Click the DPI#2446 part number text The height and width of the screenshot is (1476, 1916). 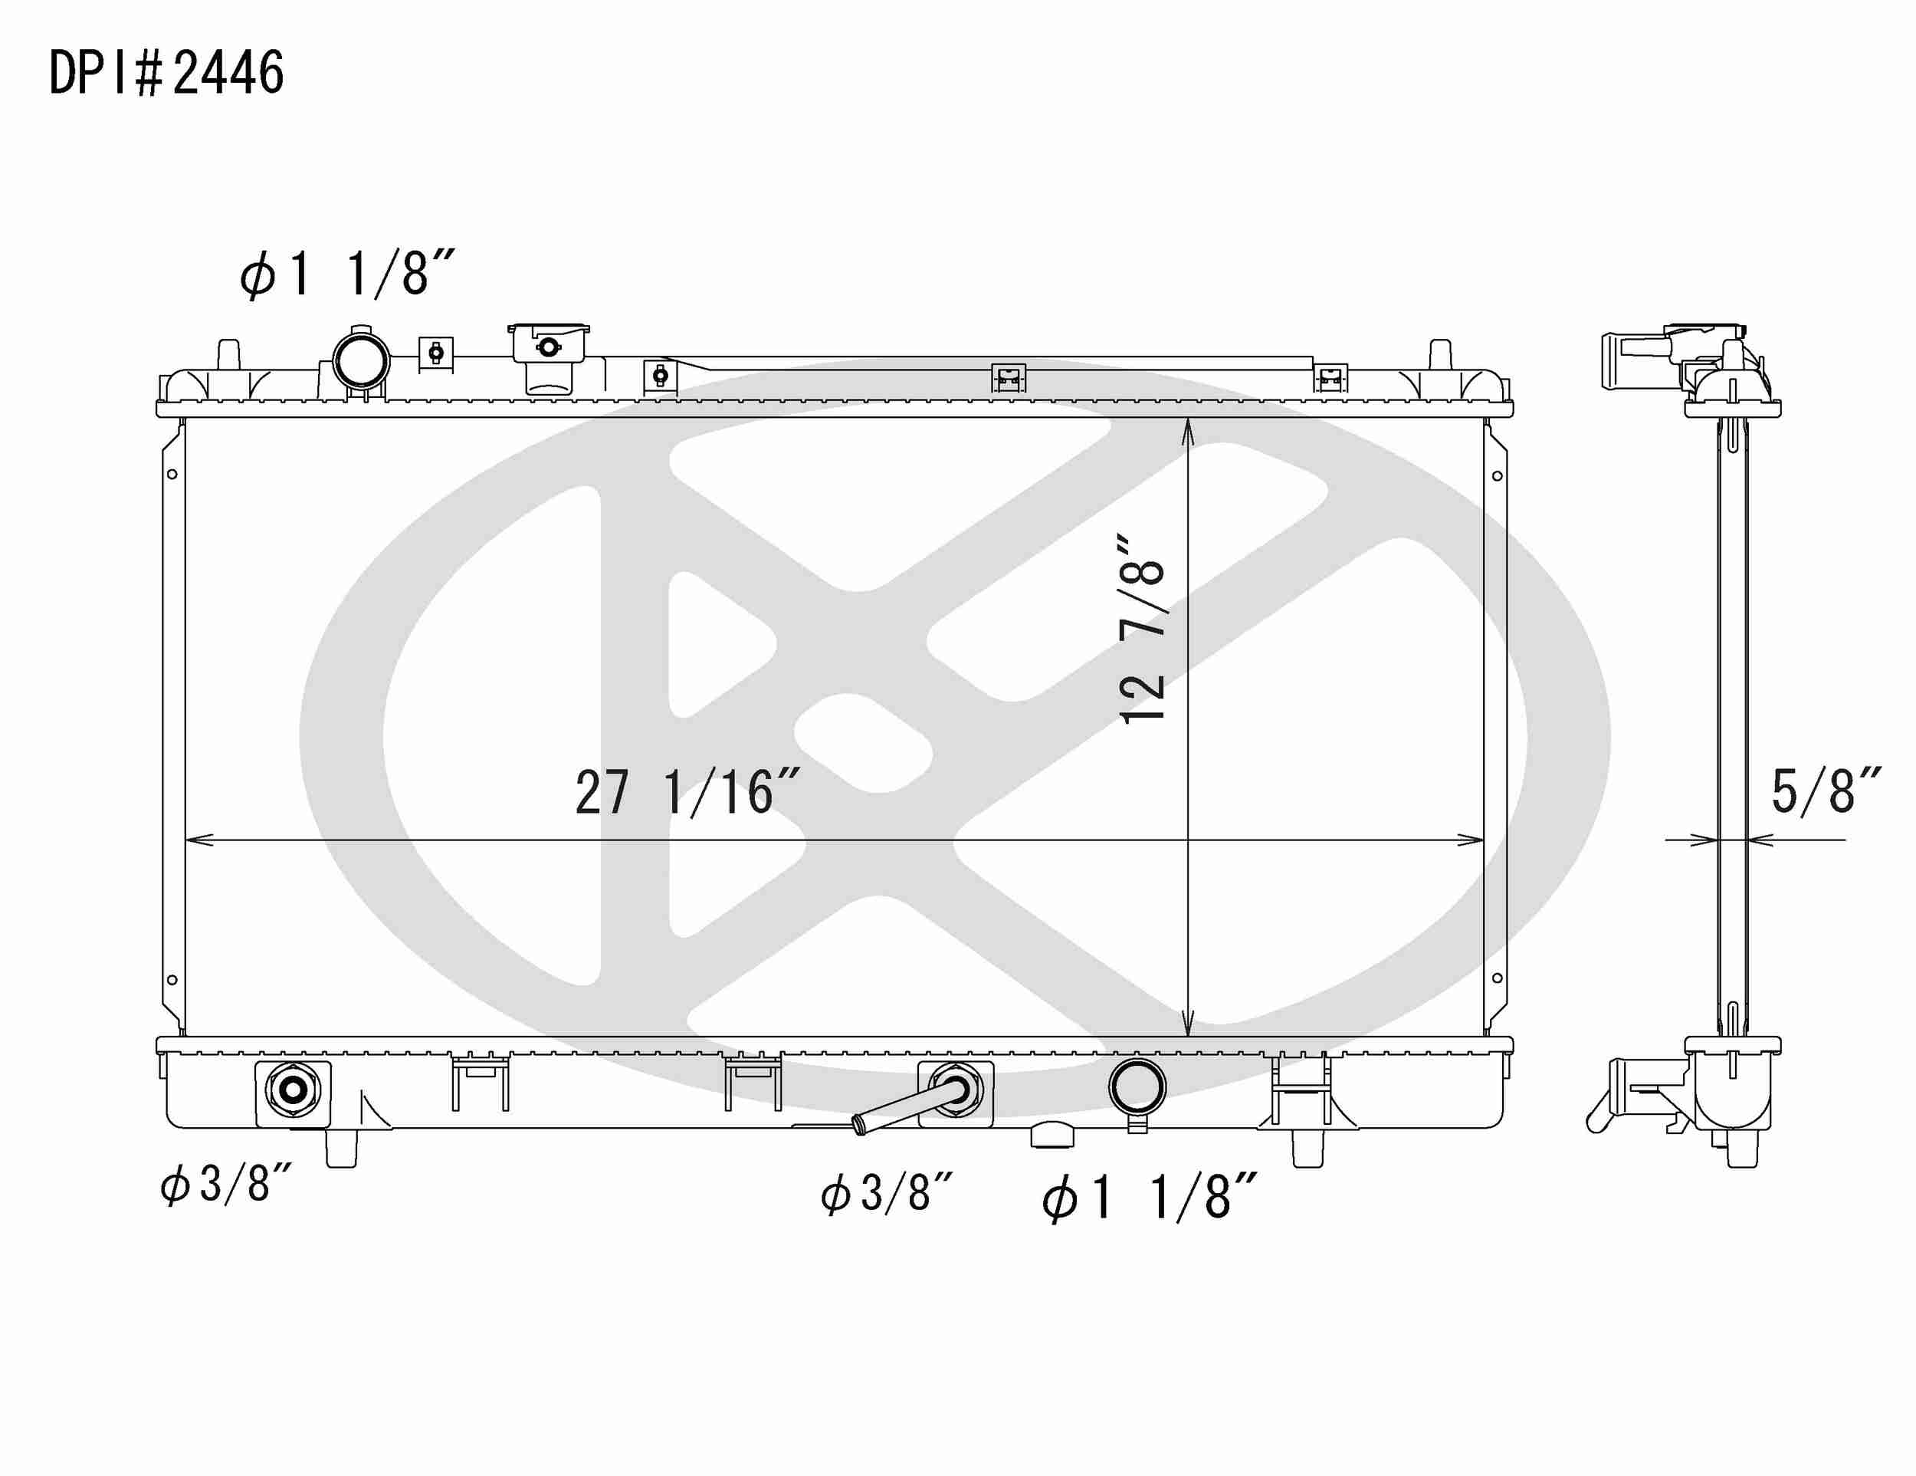166,73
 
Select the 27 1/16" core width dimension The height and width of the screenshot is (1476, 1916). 687,792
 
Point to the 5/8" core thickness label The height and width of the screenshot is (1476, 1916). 1826,791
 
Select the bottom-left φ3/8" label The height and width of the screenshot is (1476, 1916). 225,1184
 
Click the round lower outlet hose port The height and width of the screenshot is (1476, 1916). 1137,1087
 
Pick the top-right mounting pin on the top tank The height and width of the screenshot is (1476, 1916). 1439,354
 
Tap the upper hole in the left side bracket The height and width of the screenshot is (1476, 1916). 172,474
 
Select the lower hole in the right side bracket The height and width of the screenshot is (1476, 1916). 1498,978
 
